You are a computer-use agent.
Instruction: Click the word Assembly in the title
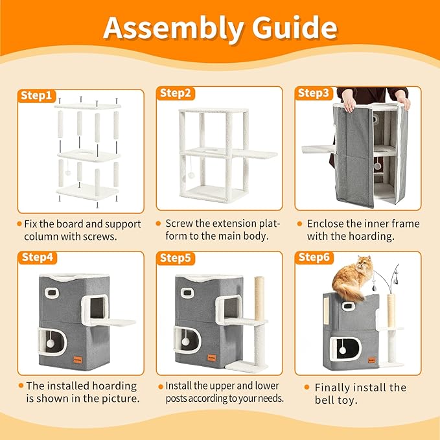point(174,29)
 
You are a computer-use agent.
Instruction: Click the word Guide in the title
point(295,27)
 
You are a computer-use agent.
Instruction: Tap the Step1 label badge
point(36,95)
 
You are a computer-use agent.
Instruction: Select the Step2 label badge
point(176,93)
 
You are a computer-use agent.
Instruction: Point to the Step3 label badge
point(314,93)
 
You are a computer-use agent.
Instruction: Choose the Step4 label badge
point(38,257)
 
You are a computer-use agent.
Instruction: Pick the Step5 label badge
point(176,258)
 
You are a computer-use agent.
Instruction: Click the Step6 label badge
point(314,257)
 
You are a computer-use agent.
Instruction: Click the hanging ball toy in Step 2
point(191,176)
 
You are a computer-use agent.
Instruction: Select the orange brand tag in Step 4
point(78,360)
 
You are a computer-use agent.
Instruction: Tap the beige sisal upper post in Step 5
point(259,298)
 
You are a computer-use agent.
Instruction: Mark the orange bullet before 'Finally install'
point(307,388)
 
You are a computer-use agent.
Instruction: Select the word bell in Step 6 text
point(325,400)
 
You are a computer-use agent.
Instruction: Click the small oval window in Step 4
point(52,293)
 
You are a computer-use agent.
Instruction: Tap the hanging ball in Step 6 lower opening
point(342,350)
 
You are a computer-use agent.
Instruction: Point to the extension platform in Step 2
point(255,154)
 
